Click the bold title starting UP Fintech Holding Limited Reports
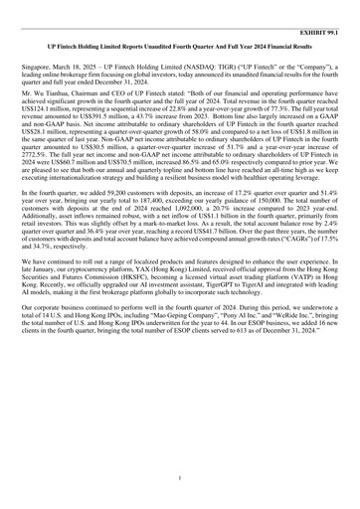(179, 47)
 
